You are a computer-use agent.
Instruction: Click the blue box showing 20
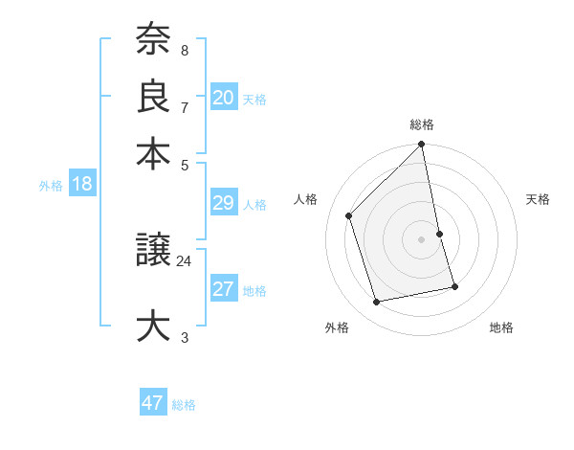pos(224,97)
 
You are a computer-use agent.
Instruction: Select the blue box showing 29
pos(224,203)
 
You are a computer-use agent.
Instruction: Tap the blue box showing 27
pos(224,289)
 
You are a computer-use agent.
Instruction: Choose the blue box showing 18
pos(81,184)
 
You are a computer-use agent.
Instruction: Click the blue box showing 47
pos(153,403)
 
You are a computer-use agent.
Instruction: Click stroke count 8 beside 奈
pos(184,49)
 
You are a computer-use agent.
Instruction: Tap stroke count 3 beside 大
pos(184,337)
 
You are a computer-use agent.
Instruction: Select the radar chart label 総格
pos(422,124)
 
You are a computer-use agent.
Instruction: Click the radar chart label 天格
pos(538,199)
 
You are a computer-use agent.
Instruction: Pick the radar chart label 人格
pos(306,199)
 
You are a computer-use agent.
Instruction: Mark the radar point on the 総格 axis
pos(422,146)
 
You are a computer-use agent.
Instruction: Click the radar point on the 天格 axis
pos(439,234)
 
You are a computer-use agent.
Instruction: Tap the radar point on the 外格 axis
pos(377,303)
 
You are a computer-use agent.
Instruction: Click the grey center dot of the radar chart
pos(422,239)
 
